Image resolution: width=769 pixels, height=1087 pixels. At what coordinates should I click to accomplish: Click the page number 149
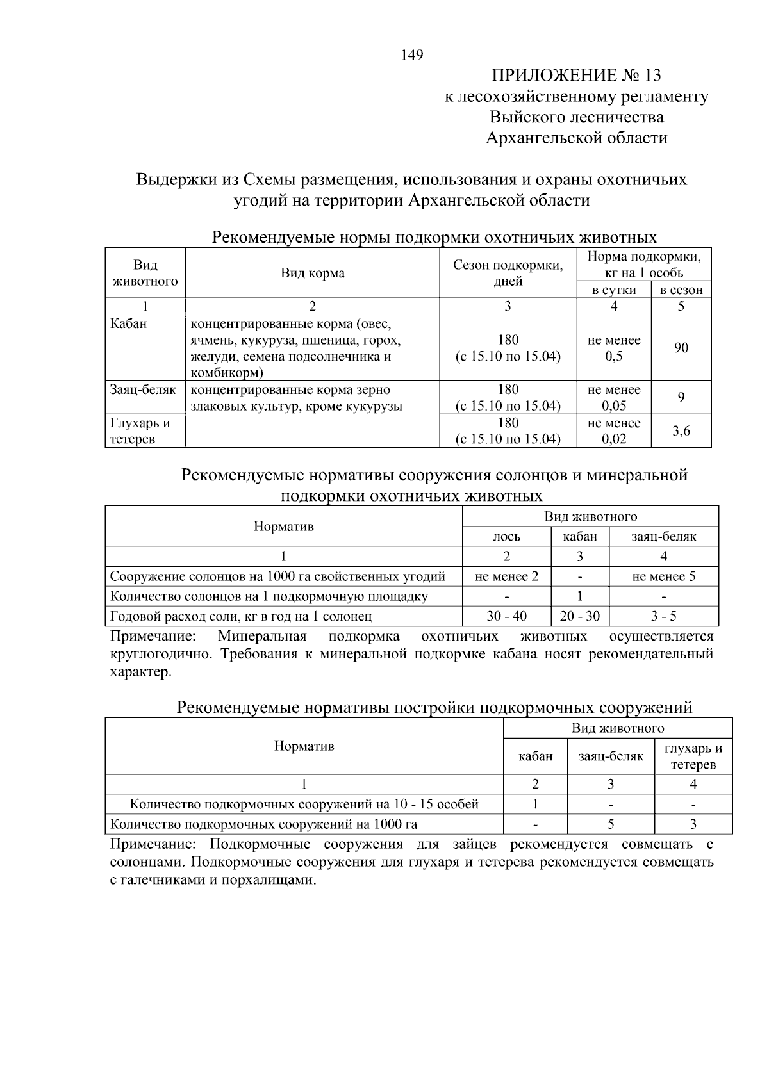pyautogui.click(x=412, y=55)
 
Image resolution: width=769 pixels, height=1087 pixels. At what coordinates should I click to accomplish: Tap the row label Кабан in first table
pyautogui.click(x=128, y=323)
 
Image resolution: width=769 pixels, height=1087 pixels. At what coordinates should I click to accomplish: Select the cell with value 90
pyautogui.click(x=681, y=348)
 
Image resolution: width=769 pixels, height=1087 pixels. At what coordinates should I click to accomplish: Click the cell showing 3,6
pyautogui.click(x=681, y=430)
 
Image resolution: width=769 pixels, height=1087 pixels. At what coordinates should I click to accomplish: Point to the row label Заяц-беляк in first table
pyautogui.click(x=143, y=389)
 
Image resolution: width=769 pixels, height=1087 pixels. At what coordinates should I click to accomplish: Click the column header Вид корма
pyautogui.click(x=312, y=274)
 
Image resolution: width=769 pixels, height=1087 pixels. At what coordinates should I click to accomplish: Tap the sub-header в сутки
pyautogui.click(x=613, y=290)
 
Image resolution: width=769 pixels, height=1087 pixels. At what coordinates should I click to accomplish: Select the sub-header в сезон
pyautogui.click(x=681, y=290)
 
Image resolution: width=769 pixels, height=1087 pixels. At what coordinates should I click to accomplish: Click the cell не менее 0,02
pyautogui.click(x=613, y=430)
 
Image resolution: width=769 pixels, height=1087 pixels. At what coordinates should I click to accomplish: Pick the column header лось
pyautogui.click(x=506, y=537)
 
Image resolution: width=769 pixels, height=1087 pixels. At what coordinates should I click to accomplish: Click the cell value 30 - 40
pyautogui.click(x=506, y=616)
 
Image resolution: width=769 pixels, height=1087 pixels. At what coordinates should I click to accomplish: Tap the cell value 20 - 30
pyautogui.click(x=579, y=616)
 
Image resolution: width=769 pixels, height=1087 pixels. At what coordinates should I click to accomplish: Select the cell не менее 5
pyautogui.click(x=663, y=576)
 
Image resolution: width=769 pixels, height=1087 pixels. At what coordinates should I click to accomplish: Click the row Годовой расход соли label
pyautogui.click(x=241, y=616)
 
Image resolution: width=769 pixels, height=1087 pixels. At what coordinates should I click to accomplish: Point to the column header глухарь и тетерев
pyautogui.click(x=693, y=756)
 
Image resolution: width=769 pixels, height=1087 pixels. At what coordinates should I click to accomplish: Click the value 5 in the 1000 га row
pyautogui.click(x=610, y=824)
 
